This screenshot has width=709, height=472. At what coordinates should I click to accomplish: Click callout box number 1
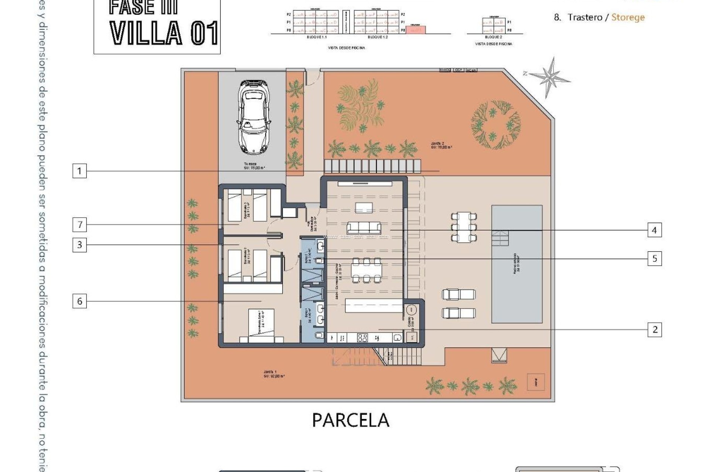[x=79, y=171]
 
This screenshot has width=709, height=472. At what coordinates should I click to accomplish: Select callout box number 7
[x=79, y=225]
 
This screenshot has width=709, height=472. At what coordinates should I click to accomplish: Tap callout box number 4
[x=654, y=230]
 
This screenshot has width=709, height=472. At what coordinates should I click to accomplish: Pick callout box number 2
[x=655, y=330]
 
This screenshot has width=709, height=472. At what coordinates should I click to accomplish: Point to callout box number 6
[x=79, y=301]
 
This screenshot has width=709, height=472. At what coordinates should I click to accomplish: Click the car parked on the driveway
[x=254, y=117]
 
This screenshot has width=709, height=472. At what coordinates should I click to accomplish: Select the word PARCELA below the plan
[x=350, y=420]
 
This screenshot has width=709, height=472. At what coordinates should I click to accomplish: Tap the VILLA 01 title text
[x=164, y=33]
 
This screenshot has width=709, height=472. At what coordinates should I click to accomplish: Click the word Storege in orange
[x=628, y=17]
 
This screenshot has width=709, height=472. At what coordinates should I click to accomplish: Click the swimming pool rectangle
[x=517, y=264]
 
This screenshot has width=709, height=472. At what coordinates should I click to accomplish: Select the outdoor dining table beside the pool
[x=464, y=227]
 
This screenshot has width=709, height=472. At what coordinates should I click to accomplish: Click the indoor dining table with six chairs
[x=367, y=270]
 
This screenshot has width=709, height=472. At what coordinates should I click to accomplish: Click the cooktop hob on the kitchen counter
[x=362, y=337]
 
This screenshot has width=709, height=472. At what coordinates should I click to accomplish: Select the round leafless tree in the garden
[x=496, y=124]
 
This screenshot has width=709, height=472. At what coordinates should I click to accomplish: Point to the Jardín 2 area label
[x=441, y=145]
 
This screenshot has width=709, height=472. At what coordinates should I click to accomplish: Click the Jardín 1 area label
[x=274, y=374]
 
